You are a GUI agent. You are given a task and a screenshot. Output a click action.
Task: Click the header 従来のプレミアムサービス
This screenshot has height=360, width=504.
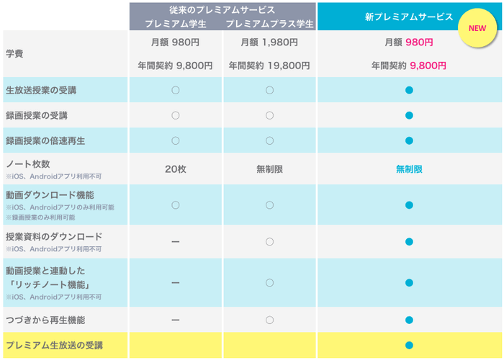click(223, 9)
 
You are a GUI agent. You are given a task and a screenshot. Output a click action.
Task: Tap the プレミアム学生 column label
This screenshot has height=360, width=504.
click(176, 24)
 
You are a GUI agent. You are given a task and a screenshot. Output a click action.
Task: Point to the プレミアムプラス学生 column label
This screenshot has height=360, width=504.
click(270, 24)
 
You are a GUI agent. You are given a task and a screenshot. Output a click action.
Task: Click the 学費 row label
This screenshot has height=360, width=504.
click(15, 55)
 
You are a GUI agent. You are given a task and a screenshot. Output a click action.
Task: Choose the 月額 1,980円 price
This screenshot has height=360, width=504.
click(269, 42)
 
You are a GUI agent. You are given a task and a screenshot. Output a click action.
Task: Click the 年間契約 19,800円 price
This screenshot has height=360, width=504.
click(269, 66)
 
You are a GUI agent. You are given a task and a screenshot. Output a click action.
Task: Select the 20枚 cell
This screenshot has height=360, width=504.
click(176, 169)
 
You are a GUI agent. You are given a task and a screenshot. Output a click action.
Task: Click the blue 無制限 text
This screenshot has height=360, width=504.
click(408, 169)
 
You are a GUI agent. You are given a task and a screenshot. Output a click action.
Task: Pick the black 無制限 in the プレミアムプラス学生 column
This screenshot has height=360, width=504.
click(269, 169)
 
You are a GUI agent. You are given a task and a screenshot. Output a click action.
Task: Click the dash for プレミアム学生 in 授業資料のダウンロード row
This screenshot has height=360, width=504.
click(176, 242)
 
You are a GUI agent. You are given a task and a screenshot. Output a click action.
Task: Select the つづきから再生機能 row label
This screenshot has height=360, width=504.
click(45, 320)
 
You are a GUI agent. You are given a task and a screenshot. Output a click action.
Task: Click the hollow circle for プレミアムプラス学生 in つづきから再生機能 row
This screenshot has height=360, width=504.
click(269, 320)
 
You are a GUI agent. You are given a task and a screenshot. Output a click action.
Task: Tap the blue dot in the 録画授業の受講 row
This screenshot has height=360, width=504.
click(408, 115)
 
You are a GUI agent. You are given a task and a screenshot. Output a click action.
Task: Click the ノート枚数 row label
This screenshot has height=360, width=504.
click(27, 164)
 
